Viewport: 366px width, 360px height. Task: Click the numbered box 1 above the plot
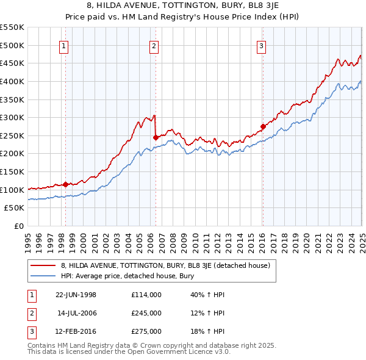[64, 46]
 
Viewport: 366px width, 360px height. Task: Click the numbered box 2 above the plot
[154, 46]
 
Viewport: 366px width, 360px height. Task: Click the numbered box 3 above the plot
[261, 46]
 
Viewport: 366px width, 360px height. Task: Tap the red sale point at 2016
[263, 127]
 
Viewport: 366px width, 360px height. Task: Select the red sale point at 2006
[156, 137]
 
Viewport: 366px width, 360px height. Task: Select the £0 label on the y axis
[18, 226]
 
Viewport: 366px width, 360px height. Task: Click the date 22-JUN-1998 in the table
[76, 295]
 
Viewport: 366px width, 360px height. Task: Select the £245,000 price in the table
[146, 313]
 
